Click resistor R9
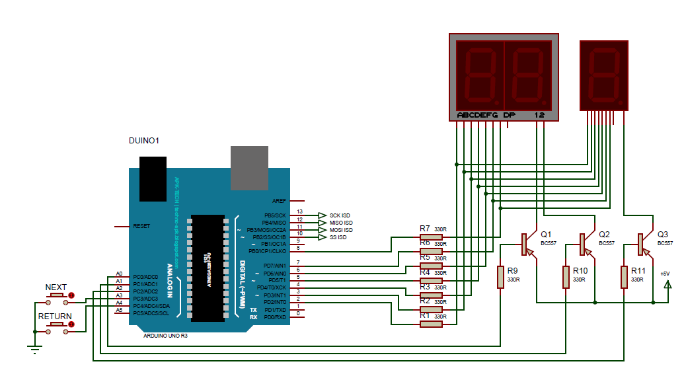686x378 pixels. (x=501, y=277)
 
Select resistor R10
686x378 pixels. (x=566, y=277)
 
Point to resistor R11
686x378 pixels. (x=624, y=277)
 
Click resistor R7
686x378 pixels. (x=432, y=237)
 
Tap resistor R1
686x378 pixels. (x=432, y=324)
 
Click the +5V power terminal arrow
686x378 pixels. (x=667, y=285)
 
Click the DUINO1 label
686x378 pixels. (x=143, y=141)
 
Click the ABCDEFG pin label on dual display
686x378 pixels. (x=476, y=115)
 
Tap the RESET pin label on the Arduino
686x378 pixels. (x=141, y=226)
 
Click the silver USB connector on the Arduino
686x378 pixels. (x=249, y=166)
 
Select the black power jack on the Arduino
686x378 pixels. (x=153, y=179)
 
